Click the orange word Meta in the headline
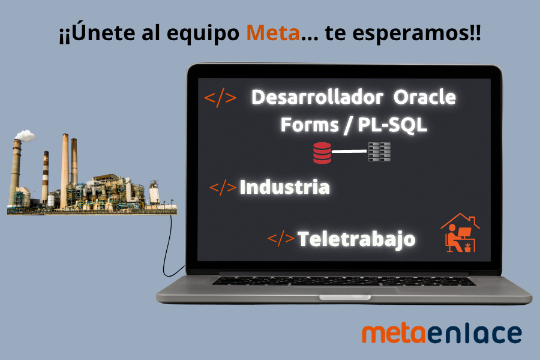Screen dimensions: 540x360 (273, 34)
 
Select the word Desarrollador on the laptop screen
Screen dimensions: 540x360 (317, 97)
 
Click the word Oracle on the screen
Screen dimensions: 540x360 (425, 97)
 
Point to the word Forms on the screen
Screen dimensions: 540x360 (310, 125)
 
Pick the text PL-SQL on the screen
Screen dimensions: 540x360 (392, 125)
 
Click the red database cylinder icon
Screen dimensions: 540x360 (322, 152)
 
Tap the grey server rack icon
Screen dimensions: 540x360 (379, 152)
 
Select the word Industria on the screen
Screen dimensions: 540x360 (284, 187)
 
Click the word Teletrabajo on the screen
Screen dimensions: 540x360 (356, 239)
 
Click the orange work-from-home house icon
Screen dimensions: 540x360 (460, 233)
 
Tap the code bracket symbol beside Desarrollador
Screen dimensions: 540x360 (220, 97)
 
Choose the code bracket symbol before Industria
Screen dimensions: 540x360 (223, 187)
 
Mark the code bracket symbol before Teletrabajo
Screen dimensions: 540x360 (281, 239)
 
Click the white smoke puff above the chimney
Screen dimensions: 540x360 (25, 136)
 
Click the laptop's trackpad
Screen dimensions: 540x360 (344, 290)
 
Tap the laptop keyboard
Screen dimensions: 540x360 (343, 281)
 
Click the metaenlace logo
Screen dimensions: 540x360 (442, 334)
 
